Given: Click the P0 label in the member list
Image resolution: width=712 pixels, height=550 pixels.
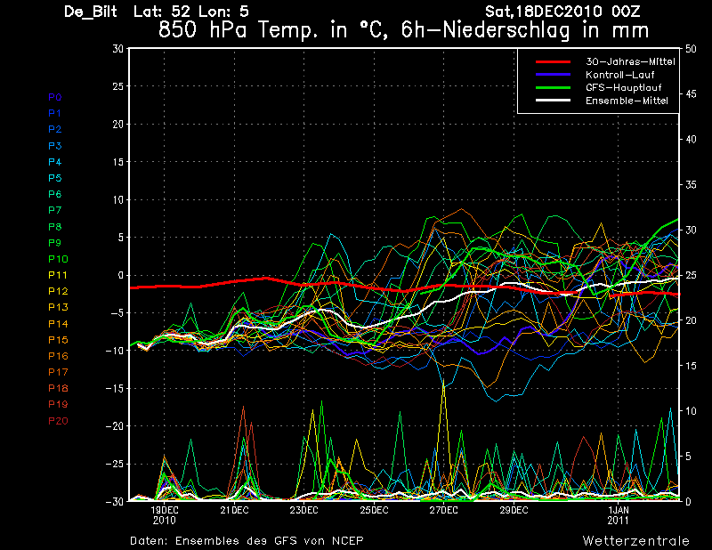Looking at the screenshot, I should pyautogui.click(x=55, y=97).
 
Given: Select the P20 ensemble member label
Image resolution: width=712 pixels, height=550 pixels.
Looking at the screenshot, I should pyautogui.click(x=58, y=420).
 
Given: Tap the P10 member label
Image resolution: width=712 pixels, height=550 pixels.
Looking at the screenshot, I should pyautogui.click(x=58, y=259).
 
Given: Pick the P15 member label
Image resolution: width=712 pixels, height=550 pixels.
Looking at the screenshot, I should pyautogui.click(x=58, y=340).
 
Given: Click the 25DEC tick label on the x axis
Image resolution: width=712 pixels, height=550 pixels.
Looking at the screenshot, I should pyautogui.click(x=374, y=511).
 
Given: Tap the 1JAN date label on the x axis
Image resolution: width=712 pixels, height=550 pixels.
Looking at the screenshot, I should pyautogui.click(x=619, y=511).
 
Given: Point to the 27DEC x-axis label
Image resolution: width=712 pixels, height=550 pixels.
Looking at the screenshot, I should pyautogui.click(x=444, y=511).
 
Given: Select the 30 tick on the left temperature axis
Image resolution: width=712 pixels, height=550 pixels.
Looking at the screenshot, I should pyautogui.click(x=117, y=49).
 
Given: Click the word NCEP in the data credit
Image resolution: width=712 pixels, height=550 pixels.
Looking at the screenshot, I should pyautogui.click(x=345, y=540).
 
